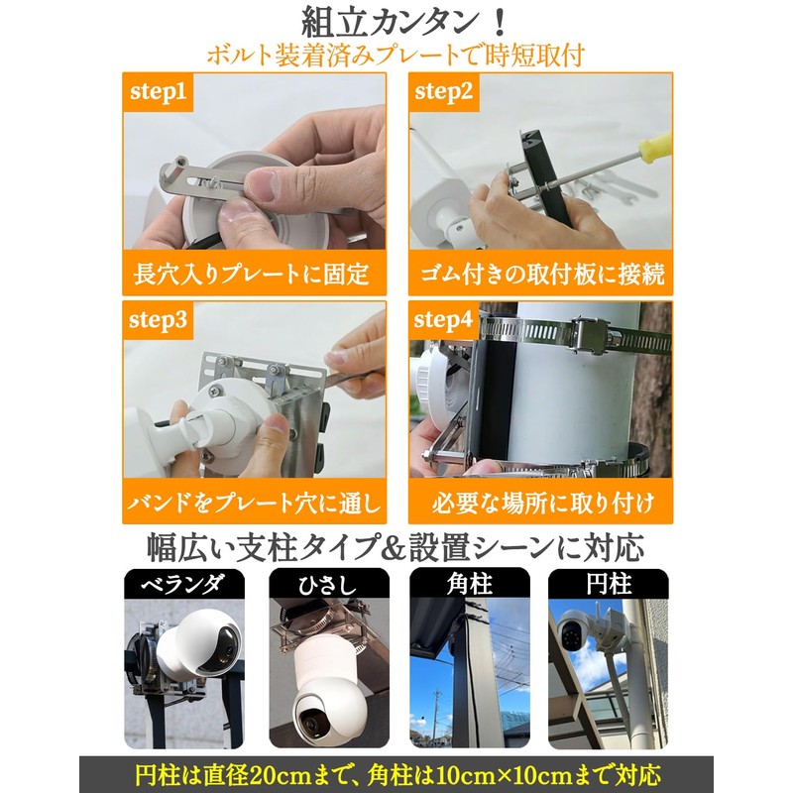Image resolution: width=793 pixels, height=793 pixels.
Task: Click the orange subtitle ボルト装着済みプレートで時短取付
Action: pyautogui.click(x=396, y=55)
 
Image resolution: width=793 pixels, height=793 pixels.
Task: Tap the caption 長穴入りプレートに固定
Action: pyautogui.click(x=252, y=273)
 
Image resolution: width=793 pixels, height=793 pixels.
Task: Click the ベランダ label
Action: pyautogui.click(x=184, y=585)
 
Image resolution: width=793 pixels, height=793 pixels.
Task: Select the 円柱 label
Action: pyautogui.click(x=608, y=585)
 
